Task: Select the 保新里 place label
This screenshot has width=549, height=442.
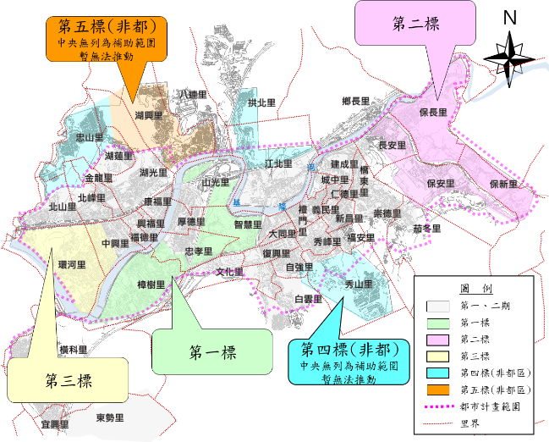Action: (x=504, y=184)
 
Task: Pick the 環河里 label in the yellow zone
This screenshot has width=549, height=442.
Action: (x=72, y=265)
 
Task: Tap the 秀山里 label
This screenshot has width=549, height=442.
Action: (x=359, y=285)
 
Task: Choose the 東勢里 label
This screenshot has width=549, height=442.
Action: (x=110, y=418)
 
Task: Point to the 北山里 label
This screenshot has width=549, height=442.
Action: (x=63, y=206)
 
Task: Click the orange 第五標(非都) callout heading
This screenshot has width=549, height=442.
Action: (x=107, y=25)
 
